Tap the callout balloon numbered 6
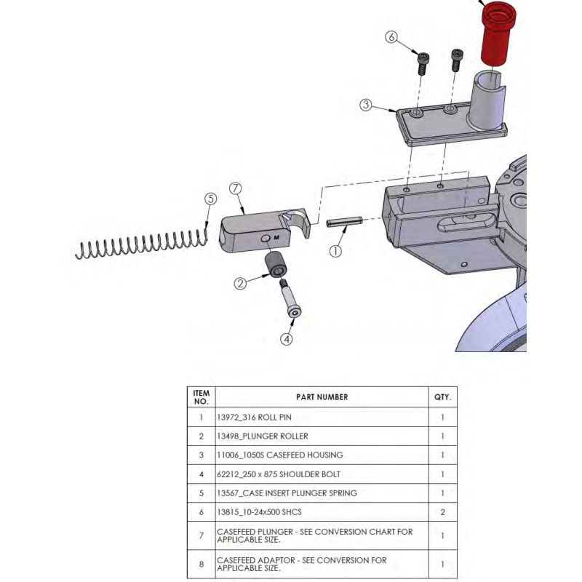392,37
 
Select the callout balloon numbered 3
367,105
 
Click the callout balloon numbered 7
235,188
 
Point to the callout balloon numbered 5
210,199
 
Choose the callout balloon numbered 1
335,252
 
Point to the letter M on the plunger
276,237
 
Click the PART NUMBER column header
322,397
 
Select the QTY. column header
442,397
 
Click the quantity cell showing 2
442,512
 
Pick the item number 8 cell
201,565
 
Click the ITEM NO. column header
201,397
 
